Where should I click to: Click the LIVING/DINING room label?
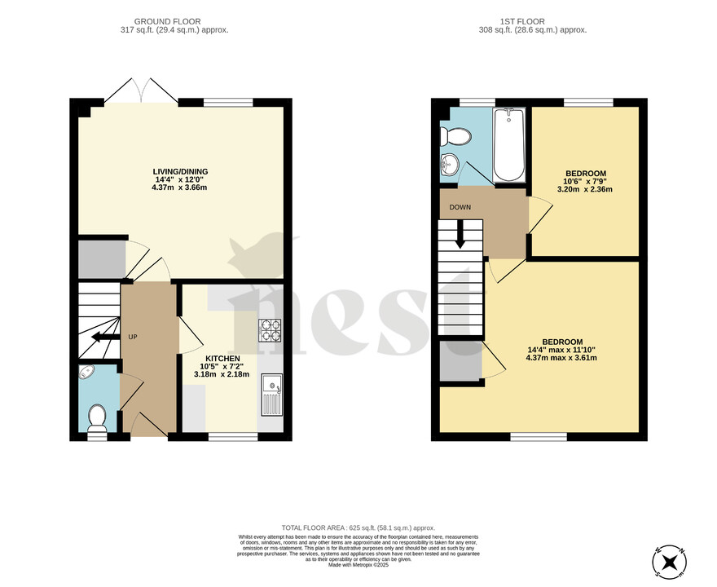pyautogui.click(x=179, y=171)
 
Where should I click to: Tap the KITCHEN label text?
pyautogui.click(x=222, y=358)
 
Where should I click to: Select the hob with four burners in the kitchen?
pyautogui.click(x=270, y=330)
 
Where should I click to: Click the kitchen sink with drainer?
pyautogui.click(x=271, y=395)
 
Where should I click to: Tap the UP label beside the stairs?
pyautogui.click(x=132, y=337)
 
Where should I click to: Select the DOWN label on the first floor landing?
pyautogui.click(x=460, y=207)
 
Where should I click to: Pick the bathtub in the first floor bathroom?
pyautogui.click(x=511, y=144)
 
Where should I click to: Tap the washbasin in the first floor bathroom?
pyautogui.click(x=449, y=166)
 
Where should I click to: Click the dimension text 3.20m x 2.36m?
pyautogui.click(x=584, y=189)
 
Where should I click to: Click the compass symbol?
pyautogui.click(x=670, y=561)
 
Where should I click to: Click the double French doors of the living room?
pyautogui.click(x=141, y=90)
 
